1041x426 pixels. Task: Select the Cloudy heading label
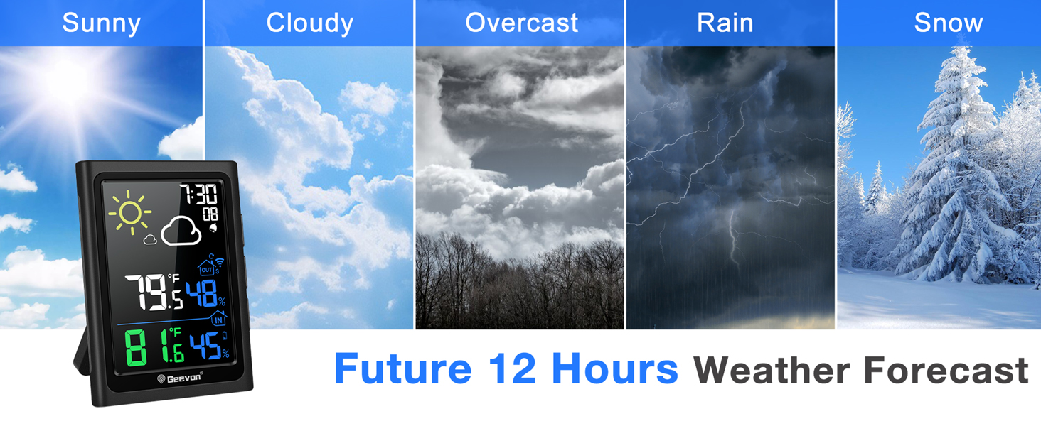(309, 23)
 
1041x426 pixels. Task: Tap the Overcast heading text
(521, 23)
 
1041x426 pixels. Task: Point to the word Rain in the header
(725, 23)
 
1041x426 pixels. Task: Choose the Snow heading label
(948, 23)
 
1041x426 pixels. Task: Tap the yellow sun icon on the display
(130, 212)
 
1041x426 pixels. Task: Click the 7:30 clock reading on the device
(198, 193)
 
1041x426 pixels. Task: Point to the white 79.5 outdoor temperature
(154, 292)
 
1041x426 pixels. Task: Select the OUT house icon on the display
(206, 268)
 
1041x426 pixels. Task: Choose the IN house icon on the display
(218, 319)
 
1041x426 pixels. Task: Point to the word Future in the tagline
(402, 369)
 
